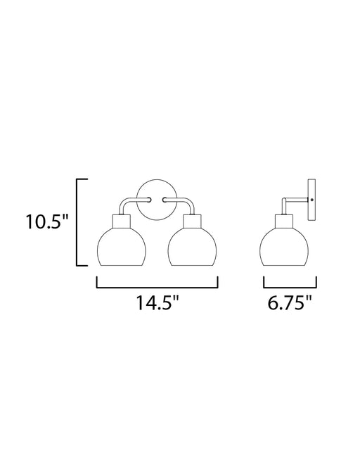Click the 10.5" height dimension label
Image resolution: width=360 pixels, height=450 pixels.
47,221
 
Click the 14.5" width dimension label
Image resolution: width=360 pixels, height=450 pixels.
157,302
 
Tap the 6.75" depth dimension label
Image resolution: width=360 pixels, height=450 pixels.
290,302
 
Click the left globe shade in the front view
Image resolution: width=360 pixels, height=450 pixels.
122,247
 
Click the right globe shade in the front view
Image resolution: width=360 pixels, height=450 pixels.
193,247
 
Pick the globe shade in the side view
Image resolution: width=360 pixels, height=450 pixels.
284,247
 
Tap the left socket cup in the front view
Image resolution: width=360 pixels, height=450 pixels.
122,222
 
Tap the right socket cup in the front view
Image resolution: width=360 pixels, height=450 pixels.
193,222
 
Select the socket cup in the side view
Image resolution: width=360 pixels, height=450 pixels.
284,222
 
